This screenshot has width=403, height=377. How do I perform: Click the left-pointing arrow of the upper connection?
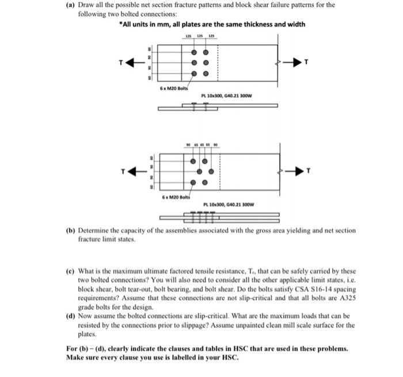click(x=133, y=63)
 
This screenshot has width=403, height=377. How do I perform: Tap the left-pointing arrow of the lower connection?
click(x=133, y=171)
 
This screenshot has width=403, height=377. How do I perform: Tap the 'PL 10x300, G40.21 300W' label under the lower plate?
click(x=230, y=205)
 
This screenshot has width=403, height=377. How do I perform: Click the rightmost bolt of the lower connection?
click(x=211, y=172)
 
